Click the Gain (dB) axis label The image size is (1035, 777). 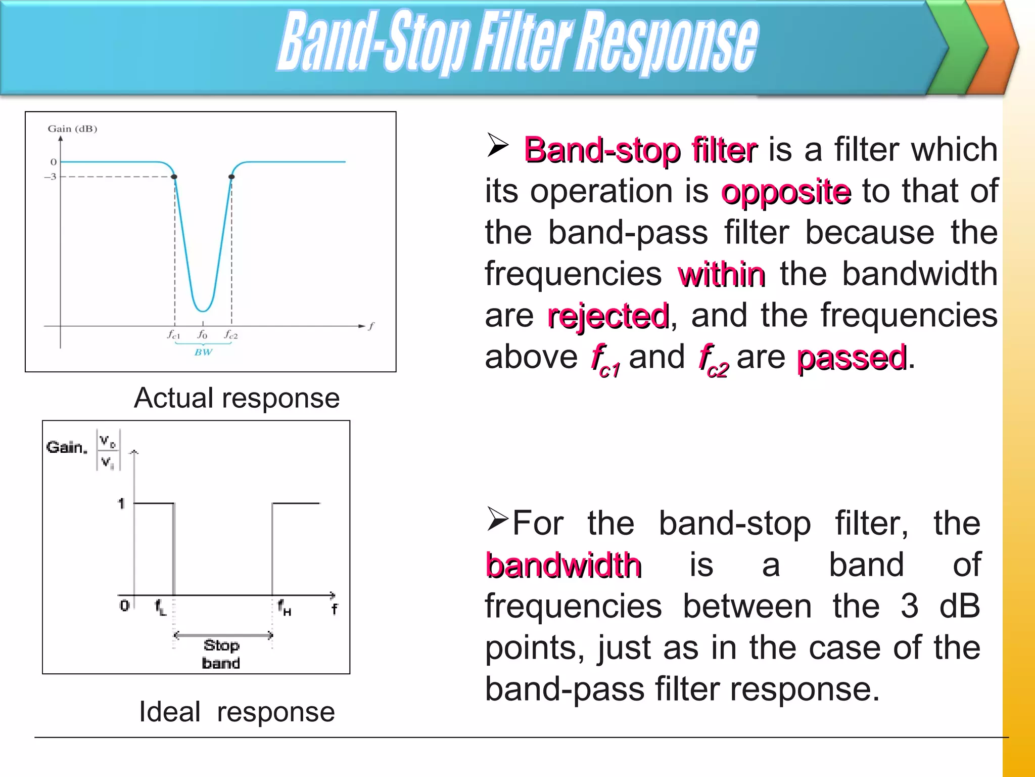click(72, 128)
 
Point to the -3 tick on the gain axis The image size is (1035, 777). click(51, 177)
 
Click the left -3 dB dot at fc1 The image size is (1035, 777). click(174, 177)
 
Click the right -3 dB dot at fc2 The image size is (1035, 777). click(231, 177)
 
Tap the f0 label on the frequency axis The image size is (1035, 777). click(202, 335)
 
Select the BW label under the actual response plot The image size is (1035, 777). click(203, 352)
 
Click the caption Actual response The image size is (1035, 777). click(237, 398)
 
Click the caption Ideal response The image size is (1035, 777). click(237, 712)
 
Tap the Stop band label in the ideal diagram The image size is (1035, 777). click(221, 654)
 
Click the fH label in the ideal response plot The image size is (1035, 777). click(284, 607)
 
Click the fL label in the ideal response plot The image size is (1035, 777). click(160, 607)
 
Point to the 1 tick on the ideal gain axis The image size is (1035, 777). click(121, 503)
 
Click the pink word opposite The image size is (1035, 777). click(786, 192)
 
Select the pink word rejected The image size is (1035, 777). click(608, 316)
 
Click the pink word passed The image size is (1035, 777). click(852, 358)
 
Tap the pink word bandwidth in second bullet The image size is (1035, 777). click(563, 565)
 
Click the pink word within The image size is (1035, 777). click(721, 275)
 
